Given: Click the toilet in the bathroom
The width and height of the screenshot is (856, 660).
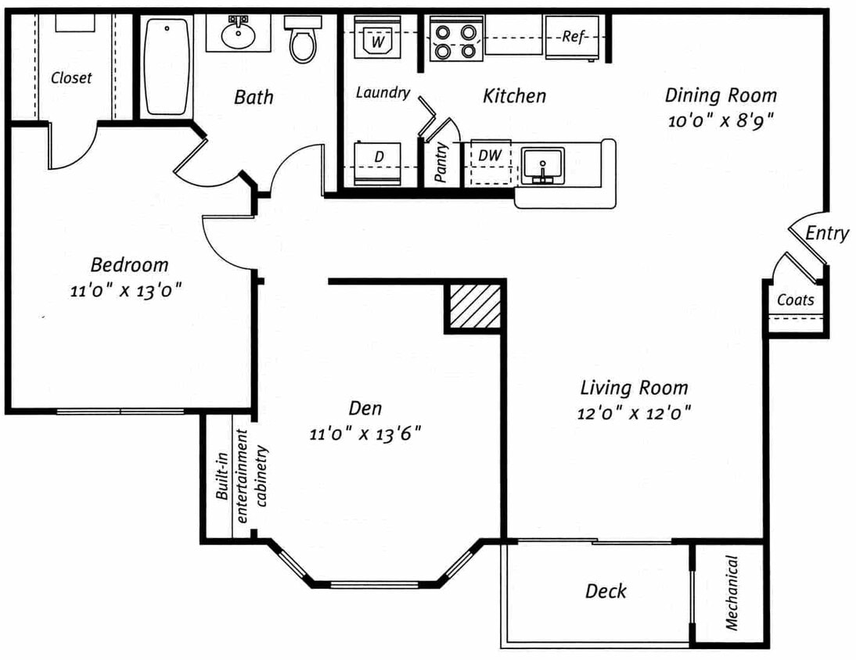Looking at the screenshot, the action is [303, 39].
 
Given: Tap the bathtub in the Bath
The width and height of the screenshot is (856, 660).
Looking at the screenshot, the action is [167, 67].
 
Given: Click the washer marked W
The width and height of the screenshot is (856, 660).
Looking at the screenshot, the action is [377, 37].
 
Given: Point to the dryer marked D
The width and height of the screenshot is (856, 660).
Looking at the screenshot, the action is [377, 163].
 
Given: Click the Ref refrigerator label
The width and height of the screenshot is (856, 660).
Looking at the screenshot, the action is [574, 37].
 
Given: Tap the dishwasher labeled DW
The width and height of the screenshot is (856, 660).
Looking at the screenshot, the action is [490, 163].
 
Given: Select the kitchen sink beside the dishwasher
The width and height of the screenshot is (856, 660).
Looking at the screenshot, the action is [542, 167].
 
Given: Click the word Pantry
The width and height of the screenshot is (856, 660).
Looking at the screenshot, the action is [441, 162].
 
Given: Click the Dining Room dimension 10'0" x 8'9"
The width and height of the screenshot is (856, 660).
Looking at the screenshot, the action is [721, 120].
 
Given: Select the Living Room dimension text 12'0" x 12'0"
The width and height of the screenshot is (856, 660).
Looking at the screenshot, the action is [634, 413].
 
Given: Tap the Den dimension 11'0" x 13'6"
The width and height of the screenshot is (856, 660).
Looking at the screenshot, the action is [365, 434].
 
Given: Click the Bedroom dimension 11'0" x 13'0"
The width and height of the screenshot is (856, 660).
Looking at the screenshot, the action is [125, 290].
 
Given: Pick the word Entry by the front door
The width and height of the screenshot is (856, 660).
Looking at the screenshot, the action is [827, 234].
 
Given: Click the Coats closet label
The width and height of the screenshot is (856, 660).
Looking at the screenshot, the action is [796, 300].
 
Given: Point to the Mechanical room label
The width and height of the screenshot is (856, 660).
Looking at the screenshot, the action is [732, 593].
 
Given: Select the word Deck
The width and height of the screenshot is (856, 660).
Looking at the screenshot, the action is [606, 590].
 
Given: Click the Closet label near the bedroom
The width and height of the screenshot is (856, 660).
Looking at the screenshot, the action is [71, 78].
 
